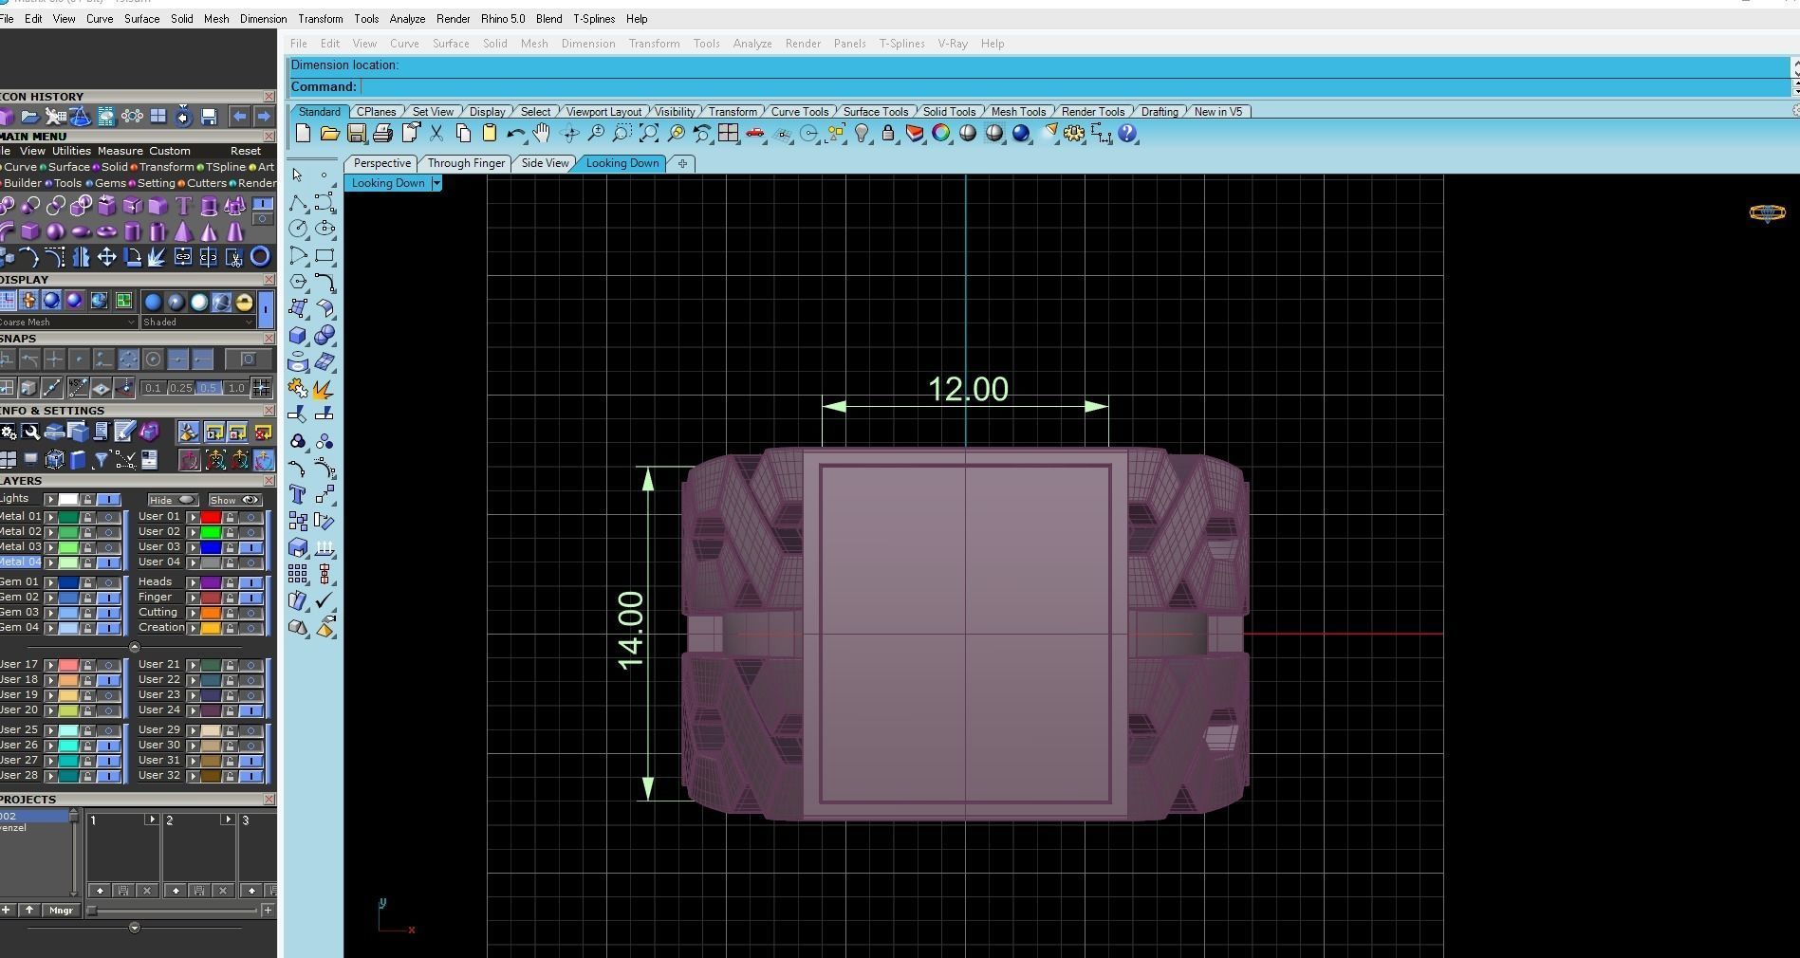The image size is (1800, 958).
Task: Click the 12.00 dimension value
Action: tap(968, 389)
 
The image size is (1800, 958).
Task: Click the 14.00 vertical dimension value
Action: tap(630, 631)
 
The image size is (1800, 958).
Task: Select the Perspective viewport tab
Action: tap(381, 163)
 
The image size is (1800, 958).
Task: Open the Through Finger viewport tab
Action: tap(466, 163)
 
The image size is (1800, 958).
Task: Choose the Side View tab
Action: tap(545, 163)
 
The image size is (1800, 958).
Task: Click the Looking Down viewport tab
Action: tap(622, 163)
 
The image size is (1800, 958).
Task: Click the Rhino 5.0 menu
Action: tap(503, 19)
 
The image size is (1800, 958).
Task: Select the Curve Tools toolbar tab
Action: tap(799, 112)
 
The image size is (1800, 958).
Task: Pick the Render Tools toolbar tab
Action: tap(1092, 112)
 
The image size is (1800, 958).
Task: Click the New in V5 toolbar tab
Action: tap(1217, 112)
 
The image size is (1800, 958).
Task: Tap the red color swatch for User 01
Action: tap(211, 517)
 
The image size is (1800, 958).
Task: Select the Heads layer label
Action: tap(155, 581)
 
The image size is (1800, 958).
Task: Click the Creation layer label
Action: tap(160, 627)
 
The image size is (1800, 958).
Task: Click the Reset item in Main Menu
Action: tap(245, 151)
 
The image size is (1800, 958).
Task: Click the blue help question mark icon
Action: tap(1127, 134)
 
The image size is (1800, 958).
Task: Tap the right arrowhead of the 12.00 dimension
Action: tap(1096, 406)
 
